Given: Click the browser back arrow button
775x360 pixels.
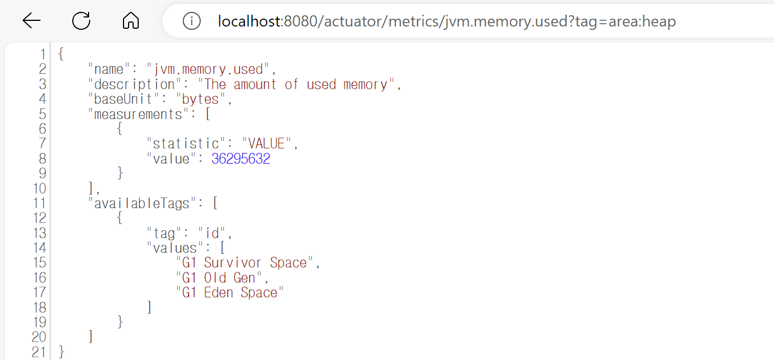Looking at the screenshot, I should click(32, 21).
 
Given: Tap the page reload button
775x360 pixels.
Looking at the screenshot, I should click(81, 21).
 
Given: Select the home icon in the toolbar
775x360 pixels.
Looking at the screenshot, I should click(130, 21).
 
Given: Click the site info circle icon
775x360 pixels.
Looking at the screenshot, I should click(192, 21).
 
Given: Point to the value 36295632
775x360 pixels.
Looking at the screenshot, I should click(241, 159).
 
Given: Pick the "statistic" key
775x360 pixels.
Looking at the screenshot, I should click(186, 144).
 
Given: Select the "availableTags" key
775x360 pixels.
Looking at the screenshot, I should click(142, 204).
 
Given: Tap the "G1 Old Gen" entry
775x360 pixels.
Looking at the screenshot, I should click(219, 278).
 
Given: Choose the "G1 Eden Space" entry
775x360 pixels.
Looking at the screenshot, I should click(230, 293).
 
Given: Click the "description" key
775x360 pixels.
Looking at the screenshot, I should click(131, 85).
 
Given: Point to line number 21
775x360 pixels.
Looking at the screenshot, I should click(39, 352).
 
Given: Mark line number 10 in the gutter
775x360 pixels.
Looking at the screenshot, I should click(39, 188).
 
